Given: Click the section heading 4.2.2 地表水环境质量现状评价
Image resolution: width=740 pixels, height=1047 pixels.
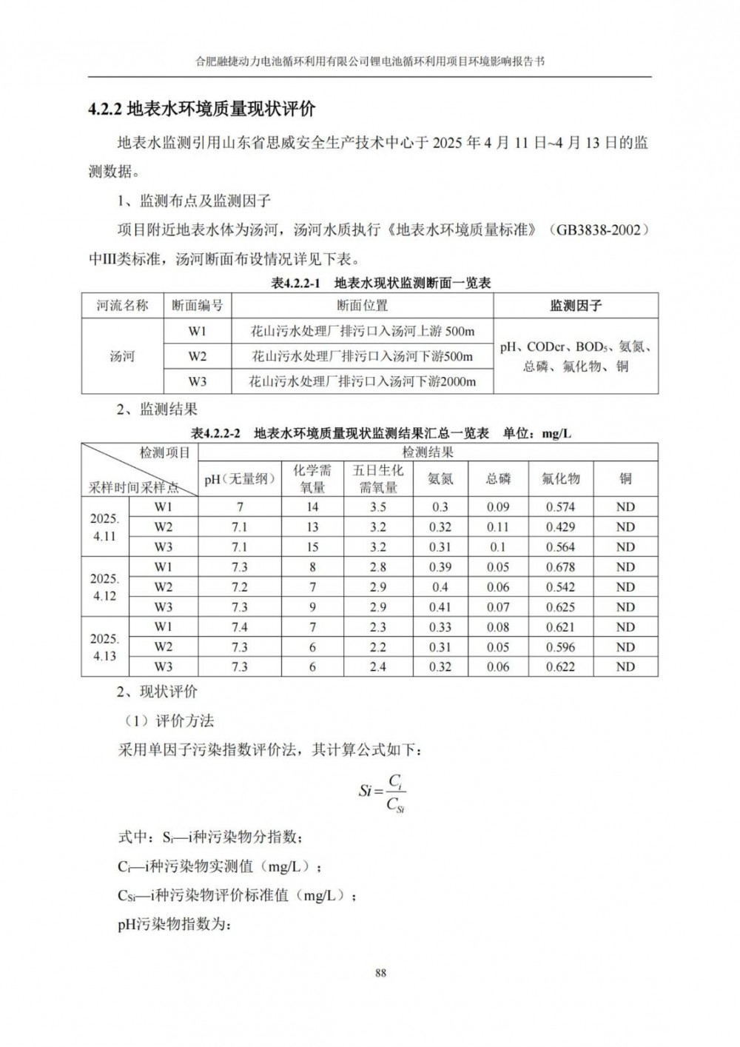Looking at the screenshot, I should [x=201, y=110].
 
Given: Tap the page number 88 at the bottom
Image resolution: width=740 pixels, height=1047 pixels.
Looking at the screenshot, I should [x=380, y=973].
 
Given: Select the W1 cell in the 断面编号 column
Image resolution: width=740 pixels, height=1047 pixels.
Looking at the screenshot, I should [x=197, y=331].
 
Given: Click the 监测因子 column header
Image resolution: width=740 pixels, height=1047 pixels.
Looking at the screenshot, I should [x=575, y=305].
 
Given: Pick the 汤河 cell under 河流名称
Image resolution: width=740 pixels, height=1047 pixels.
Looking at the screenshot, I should [x=122, y=356].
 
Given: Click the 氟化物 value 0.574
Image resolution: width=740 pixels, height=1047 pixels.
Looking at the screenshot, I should [x=560, y=507].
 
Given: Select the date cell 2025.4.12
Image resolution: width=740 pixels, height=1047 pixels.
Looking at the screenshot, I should [x=105, y=587].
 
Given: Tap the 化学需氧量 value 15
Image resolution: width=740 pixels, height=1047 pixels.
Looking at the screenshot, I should [x=312, y=547].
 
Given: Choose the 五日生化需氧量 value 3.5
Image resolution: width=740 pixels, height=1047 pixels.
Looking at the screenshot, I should [x=377, y=507].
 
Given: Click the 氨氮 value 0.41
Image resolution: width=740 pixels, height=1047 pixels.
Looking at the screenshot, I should [x=440, y=607].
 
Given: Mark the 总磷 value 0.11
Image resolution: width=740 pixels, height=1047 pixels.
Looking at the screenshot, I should [x=498, y=527].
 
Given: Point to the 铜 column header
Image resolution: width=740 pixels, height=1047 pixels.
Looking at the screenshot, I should [x=625, y=478].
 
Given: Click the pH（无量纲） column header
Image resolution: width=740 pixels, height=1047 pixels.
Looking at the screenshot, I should [x=240, y=478].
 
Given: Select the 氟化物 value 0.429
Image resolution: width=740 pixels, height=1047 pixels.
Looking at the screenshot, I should [x=560, y=527].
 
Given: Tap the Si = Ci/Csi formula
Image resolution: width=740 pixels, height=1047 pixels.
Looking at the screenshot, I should [x=382, y=791].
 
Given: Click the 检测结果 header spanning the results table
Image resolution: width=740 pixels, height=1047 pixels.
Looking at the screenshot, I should [x=428, y=452].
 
